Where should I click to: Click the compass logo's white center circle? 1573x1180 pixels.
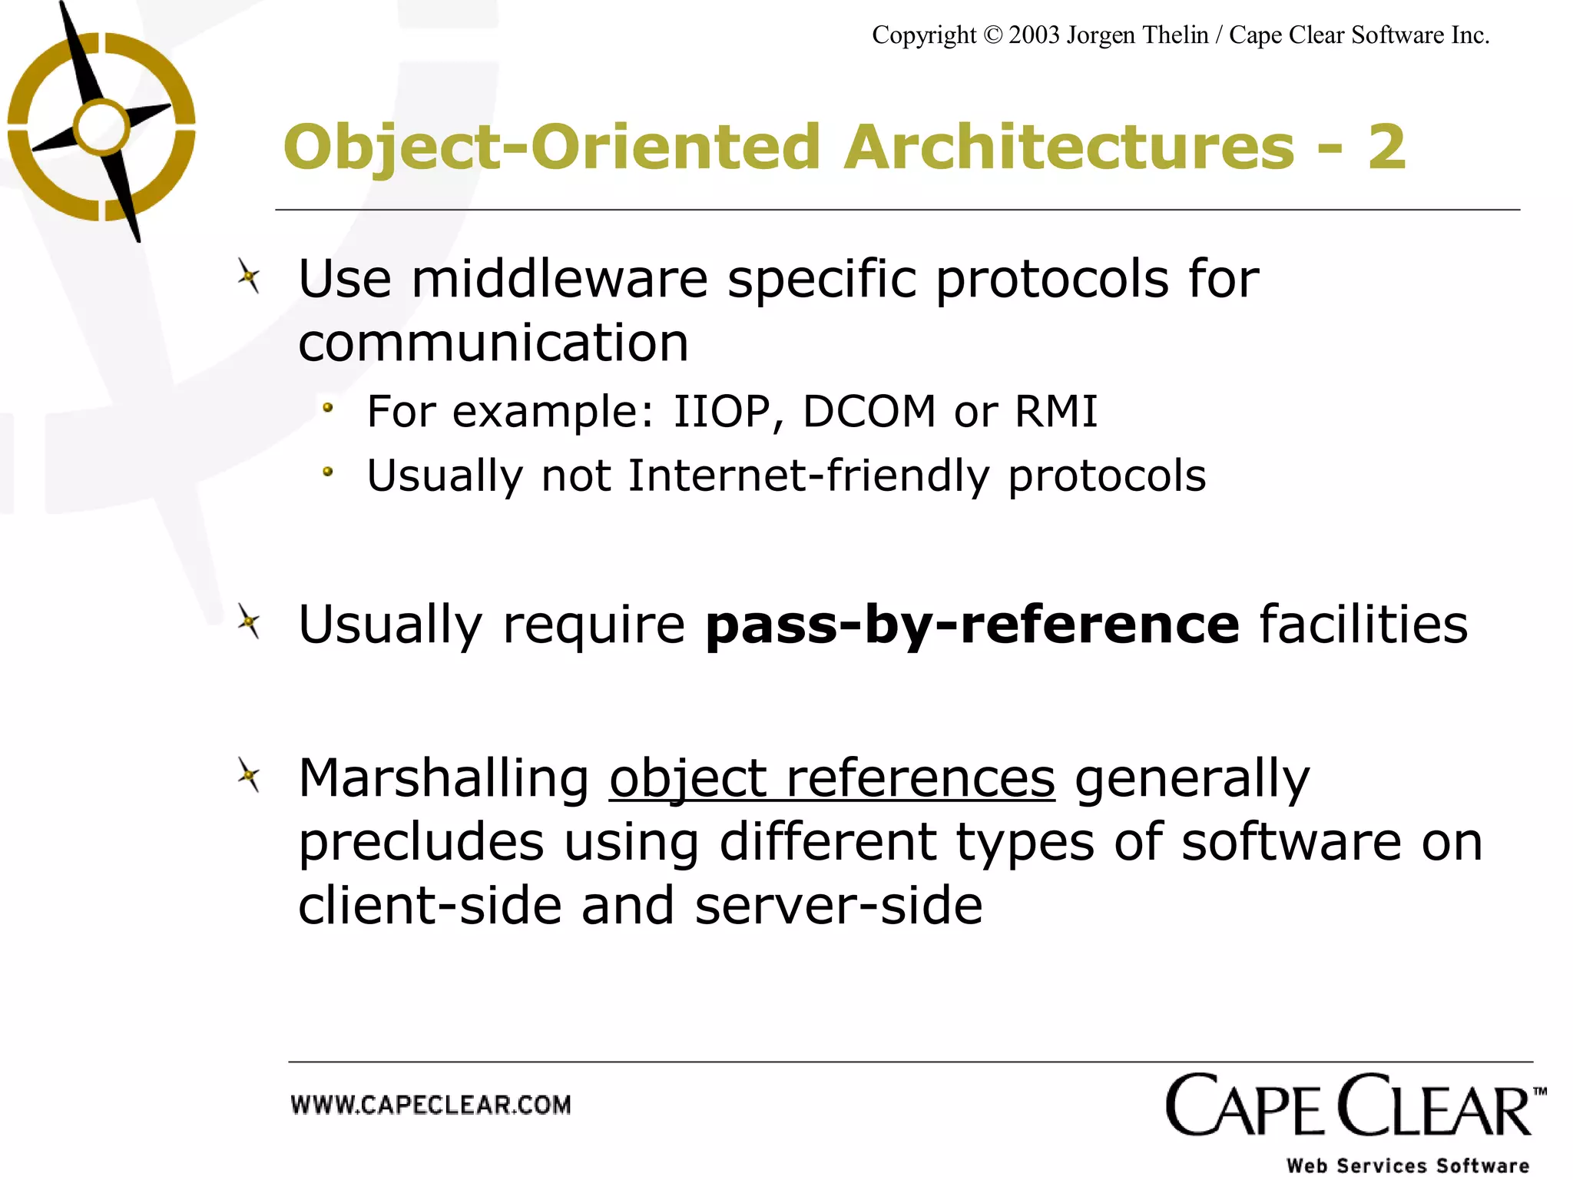101,127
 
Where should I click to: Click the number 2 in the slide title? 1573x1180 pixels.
1386,147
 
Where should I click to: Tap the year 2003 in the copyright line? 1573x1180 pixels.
1034,35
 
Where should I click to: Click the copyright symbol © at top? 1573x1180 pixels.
992,35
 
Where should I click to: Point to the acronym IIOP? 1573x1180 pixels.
721,412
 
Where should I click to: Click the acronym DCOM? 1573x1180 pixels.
869,412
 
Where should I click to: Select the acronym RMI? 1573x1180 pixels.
1056,412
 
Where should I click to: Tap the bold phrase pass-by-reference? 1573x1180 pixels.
972,625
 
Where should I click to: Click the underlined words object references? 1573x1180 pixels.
832,779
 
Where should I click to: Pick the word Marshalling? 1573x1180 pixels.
443,779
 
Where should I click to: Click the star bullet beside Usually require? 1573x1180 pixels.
249,621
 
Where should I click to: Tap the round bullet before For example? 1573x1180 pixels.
328,408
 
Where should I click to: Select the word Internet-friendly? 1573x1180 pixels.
808,476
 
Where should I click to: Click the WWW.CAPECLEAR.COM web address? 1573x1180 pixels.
431,1105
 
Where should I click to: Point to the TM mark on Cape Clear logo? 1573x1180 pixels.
1539,1092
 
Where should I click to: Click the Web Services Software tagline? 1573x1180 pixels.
1408,1165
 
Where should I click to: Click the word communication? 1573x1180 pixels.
493,343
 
